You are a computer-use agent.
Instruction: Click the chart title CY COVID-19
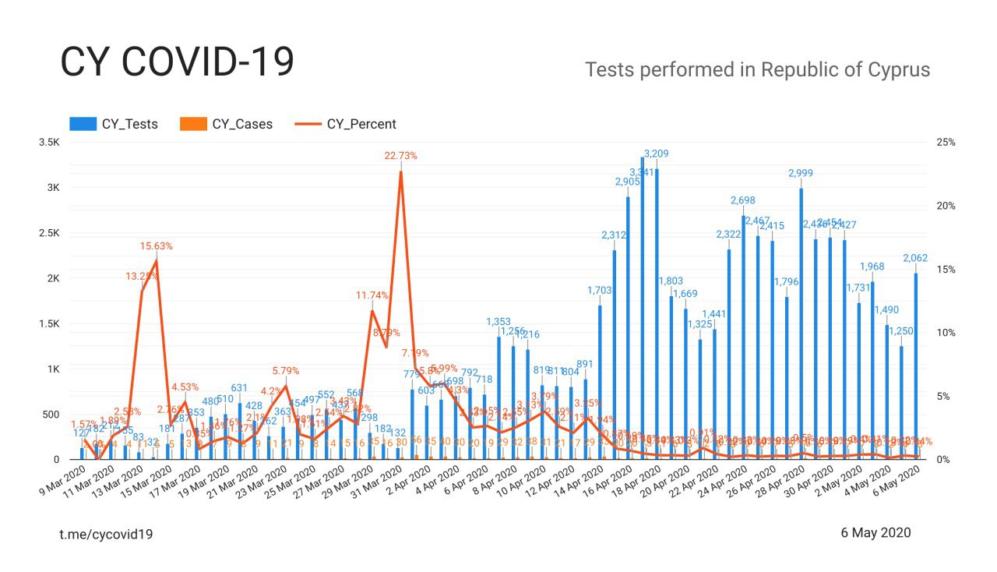[177, 62]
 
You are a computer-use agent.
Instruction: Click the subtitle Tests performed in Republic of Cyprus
[757, 69]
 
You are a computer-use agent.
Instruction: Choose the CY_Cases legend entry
[226, 124]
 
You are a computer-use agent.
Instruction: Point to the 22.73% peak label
[400, 156]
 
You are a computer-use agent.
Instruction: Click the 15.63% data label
[157, 245]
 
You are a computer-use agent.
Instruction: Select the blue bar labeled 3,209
[657, 312]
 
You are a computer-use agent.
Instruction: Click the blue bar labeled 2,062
[915, 366]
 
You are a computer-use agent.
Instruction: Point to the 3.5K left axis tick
[49, 143]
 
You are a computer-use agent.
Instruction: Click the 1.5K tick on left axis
[49, 323]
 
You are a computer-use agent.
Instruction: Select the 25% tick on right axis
[946, 143]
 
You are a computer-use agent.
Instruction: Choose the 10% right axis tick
[946, 333]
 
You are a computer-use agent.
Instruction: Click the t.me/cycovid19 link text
[106, 534]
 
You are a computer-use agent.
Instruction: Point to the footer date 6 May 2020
[875, 533]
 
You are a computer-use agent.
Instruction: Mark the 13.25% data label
[142, 276]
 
